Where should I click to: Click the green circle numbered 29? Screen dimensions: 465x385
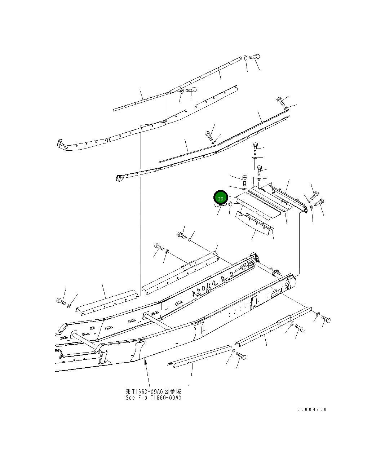tap(221, 198)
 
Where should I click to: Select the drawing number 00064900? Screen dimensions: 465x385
tap(312, 409)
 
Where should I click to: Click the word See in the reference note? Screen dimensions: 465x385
tap(130, 398)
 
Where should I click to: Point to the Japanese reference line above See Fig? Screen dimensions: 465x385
tap(153, 391)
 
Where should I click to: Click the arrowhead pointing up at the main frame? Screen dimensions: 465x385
tap(146, 362)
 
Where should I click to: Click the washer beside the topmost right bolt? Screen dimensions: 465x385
tap(245, 57)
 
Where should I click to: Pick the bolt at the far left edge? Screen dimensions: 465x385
tap(61, 301)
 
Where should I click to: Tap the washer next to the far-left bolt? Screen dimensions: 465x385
tap(69, 306)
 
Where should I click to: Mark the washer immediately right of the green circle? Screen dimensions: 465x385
tap(231, 204)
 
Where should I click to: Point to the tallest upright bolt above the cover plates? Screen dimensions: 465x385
tap(255, 148)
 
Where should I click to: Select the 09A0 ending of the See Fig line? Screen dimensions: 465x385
tap(175, 398)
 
